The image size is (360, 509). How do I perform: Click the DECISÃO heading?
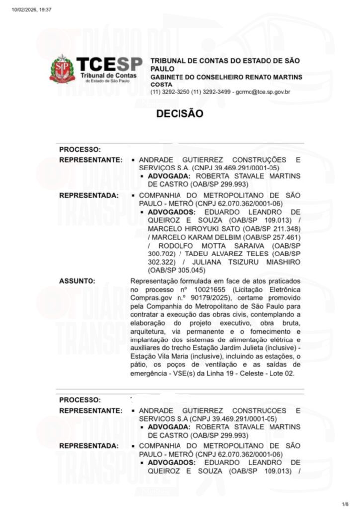[180, 113]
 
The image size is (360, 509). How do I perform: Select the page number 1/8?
[346, 503]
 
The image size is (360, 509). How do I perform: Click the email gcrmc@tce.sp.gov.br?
[263, 92]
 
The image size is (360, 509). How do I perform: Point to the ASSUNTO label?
[77, 281]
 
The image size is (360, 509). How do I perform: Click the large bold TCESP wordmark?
[109, 64]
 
